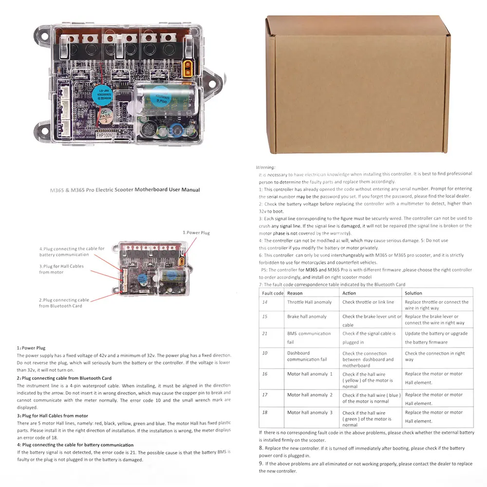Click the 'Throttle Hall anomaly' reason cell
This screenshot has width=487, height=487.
[309, 302]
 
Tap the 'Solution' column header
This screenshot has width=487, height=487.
[413, 293]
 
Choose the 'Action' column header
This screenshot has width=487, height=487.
[349, 293]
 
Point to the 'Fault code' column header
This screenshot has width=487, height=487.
[272, 293]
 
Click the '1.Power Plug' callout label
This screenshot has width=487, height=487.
[196, 233]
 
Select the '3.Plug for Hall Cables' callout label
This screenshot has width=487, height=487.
[61, 269]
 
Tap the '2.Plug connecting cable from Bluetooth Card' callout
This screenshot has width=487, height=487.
[64, 303]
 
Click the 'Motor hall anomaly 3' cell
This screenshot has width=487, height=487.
[310, 412]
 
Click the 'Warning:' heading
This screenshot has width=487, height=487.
[265, 167]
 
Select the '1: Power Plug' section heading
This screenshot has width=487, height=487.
[31, 348]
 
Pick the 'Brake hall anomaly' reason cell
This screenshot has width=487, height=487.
[307, 317]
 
